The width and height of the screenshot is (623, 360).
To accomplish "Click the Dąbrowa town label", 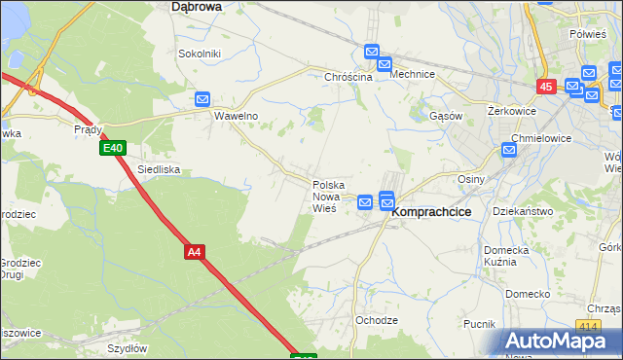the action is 196,6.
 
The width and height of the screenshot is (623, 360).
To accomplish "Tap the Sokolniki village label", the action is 200,54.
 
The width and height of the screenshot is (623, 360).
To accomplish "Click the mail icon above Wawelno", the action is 202,99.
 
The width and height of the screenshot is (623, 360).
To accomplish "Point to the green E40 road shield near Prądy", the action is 112,148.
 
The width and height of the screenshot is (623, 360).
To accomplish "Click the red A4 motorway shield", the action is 195,252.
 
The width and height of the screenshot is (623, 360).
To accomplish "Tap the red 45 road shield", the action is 545,87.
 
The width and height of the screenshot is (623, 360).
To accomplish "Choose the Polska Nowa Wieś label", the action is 327,197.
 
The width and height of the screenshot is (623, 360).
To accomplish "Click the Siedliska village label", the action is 158,169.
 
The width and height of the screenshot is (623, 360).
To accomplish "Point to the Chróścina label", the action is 348,76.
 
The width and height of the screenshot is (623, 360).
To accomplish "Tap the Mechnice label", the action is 412,74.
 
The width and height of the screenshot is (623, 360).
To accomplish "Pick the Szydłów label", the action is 127,348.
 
